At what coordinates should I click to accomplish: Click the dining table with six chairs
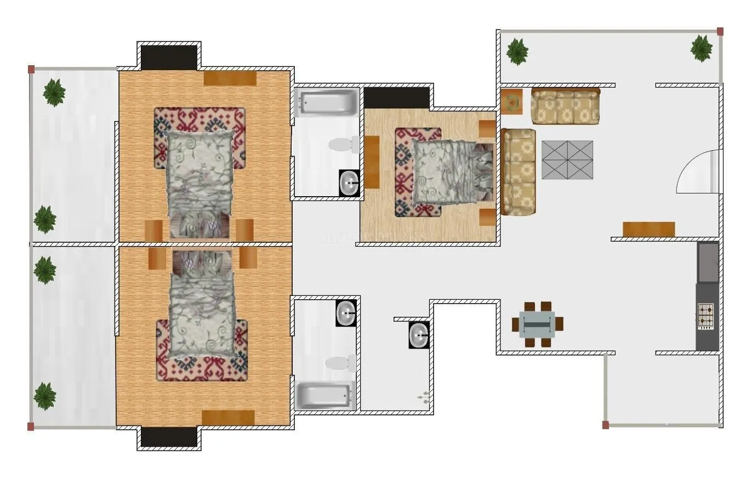[537, 324]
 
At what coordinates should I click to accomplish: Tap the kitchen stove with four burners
[706, 316]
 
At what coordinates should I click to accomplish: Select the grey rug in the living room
[567, 159]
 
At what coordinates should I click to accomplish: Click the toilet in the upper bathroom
[343, 145]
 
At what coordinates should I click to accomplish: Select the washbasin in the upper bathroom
[349, 183]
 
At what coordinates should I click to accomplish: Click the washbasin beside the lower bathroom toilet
[346, 313]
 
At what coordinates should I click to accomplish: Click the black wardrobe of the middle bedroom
[396, 98]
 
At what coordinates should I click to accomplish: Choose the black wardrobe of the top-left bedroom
[169, 57]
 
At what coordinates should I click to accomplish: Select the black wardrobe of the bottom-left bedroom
[169, 437]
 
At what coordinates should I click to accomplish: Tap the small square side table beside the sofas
[512, 102]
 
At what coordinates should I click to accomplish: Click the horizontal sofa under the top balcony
[566, 106]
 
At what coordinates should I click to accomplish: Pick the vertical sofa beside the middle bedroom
[518, 172]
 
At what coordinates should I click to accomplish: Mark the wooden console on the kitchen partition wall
[648, 229]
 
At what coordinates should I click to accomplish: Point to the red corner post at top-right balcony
[720, 31]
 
